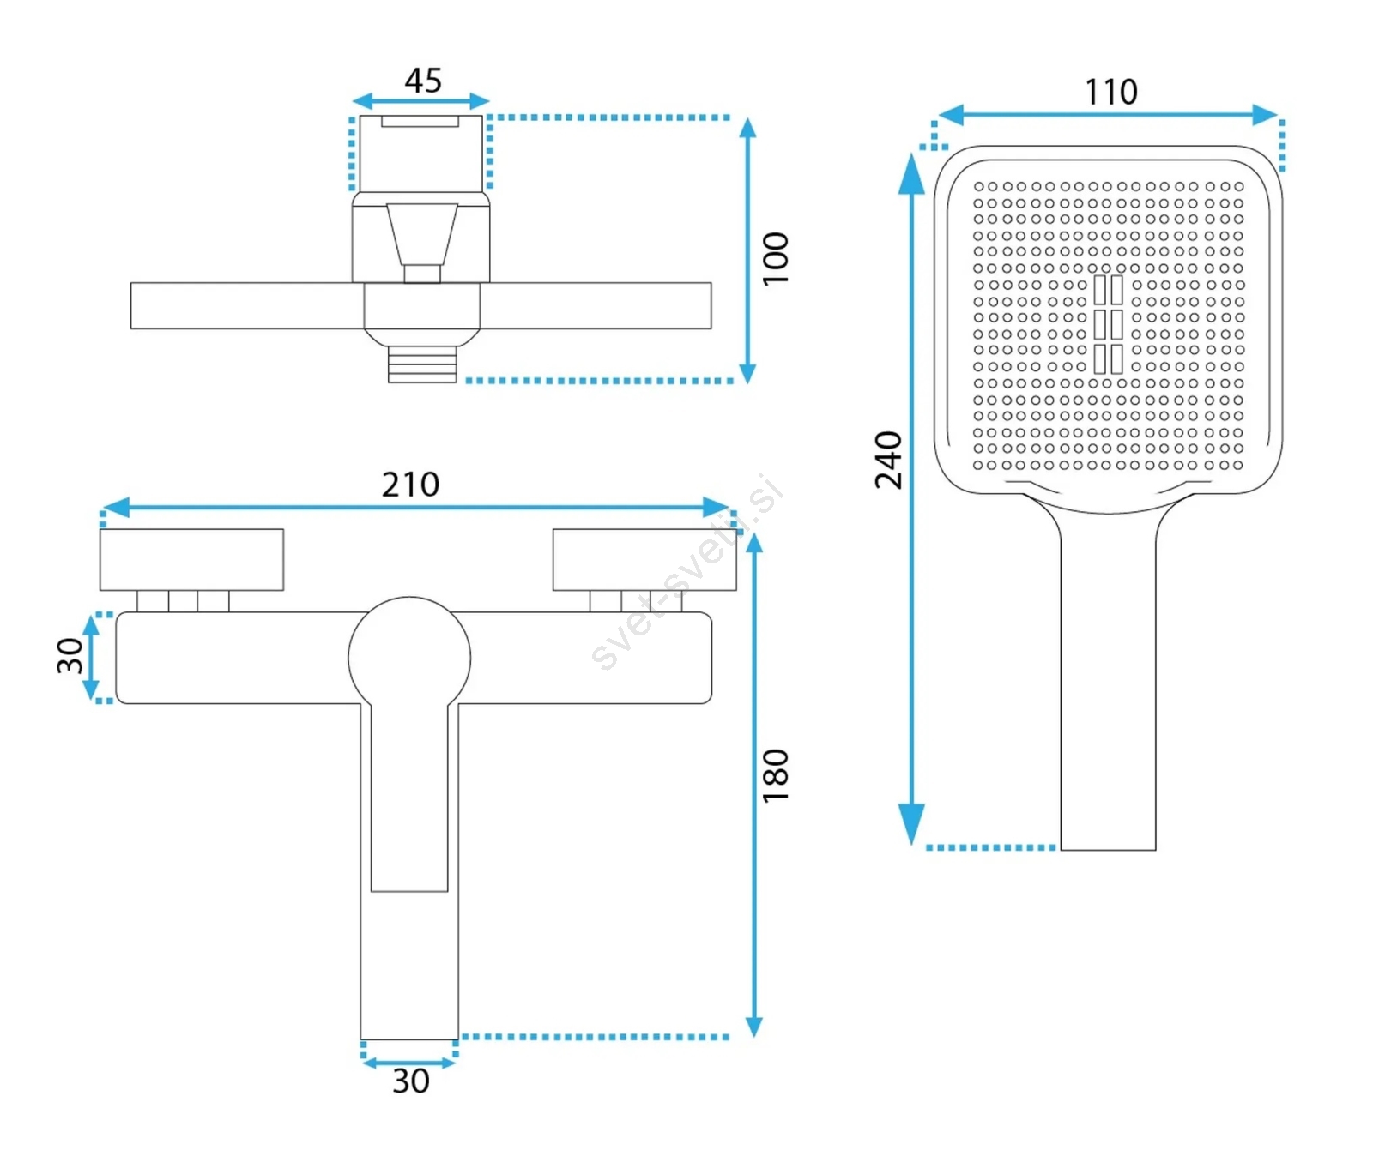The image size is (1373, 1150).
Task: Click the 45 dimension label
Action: (x=423, y=81)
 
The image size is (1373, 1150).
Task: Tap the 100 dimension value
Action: (x=775, y=258)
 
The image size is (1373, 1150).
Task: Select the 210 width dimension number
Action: (x=410, y=485)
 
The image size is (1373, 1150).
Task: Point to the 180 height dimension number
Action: (x=775, y=774)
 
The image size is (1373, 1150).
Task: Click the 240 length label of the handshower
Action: (x=888, y=460)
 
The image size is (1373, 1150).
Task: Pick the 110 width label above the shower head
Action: (x=1111, y=92)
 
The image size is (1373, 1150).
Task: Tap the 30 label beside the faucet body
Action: (x=70, y=655)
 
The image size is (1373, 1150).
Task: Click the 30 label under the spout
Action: (x=411, y=1081)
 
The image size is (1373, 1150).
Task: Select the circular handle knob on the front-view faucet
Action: (x=409, y=658)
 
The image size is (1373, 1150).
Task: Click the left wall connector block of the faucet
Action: (x=191, y=559)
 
